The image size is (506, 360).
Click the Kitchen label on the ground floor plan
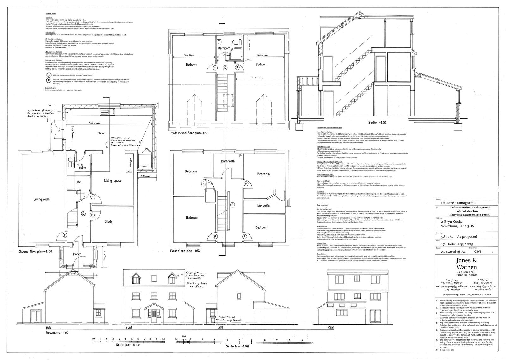pyautogui.click(x=101, y=133)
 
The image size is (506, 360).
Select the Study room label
pyautogui.click(x=108, y=221)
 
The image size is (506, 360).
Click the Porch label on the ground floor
pyautogui.click(x=77, y=254)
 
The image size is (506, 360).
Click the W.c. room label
pyautogui.click(x=79, y=182)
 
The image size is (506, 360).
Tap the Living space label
pyautogui.click(x=113, y=181)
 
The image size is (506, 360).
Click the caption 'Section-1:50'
pyautogui.click(x=379, y=122)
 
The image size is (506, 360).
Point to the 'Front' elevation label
pyautogui.click(x=128, y=327)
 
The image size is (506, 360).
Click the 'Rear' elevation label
pyautogui.click(x=331, y=327)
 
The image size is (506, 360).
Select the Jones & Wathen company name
pyautogui.click(x=466, y=264)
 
